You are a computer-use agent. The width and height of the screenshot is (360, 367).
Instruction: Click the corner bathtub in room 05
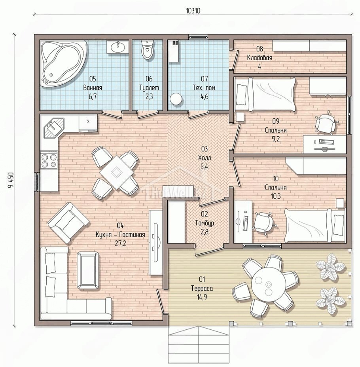click(63, 63)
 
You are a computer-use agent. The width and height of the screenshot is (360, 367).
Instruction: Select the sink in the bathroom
click(117, 47)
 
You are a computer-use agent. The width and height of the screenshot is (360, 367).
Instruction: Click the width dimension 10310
click(193, 11)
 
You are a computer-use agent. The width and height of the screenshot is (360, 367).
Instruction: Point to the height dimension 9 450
click(11, 180)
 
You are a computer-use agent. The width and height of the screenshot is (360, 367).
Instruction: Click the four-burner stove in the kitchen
click(49, 160)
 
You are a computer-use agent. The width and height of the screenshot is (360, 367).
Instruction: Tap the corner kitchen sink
click(53, 128)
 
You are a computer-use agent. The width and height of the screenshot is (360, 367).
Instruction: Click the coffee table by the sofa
click(88, 270)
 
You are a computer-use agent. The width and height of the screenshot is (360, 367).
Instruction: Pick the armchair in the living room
click(68, 222)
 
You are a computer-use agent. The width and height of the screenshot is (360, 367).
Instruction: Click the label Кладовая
click(260, 57)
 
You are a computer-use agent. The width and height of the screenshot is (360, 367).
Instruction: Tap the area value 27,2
click(120, 243)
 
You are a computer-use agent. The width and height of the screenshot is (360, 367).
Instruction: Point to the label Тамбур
click(205, 223)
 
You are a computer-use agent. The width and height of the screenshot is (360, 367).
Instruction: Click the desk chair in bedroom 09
click(326, 122)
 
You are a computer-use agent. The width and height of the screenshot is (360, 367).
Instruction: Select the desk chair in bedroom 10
click(265, 222)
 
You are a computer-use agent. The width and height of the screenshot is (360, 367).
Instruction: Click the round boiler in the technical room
click(176, 99)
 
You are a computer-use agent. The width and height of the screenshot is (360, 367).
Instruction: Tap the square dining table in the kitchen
click(116, 173)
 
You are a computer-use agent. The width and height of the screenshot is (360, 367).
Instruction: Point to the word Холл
click(205, 158)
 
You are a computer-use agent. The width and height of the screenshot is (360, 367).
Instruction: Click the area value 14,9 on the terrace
click(202, 297)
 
